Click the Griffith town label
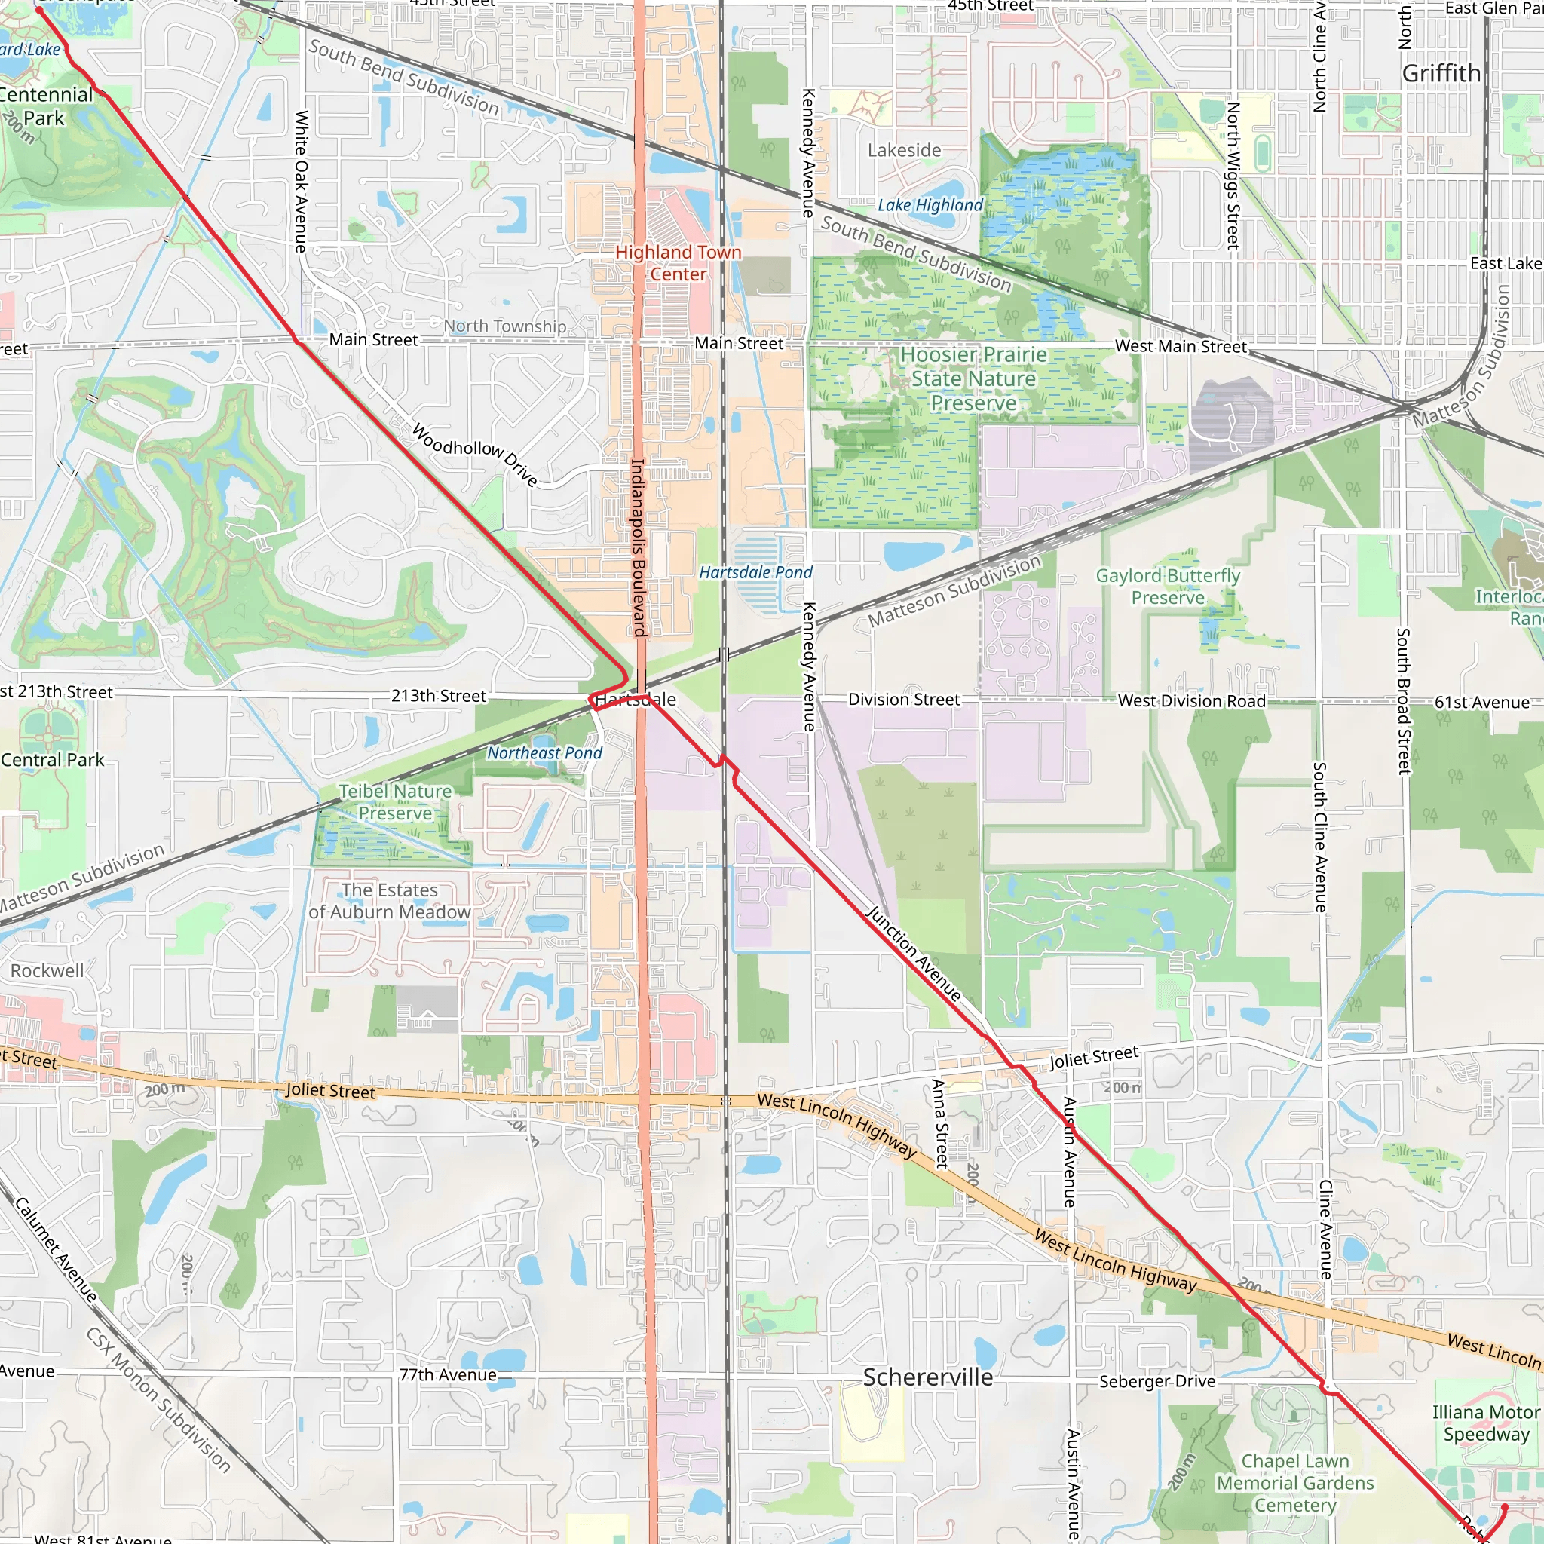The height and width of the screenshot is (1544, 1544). pyautogui.click(x=1441, y=74)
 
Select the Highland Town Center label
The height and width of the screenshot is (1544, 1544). pyautogui.click(x=678, y=263)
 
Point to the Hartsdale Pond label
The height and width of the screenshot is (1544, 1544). pyautogui.click(x=755, y=572)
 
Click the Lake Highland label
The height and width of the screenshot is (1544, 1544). pyautogui.click(x=930, y=205)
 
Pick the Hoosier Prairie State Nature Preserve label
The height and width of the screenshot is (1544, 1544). pyautogui.click(x=973, y=378)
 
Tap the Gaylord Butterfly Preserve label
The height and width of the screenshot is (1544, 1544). pyautogui.click(x=1168, y=587)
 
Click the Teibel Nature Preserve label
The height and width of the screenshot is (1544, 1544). pyautogui.click(x=395, y=801)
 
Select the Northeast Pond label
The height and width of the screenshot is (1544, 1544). pyautogui.click(x=544, y=753)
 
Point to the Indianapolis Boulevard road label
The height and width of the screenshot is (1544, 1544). pyautogui.click(x=638, y=547)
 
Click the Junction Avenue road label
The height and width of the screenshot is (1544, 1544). pyautogui.click(x=914, y=954)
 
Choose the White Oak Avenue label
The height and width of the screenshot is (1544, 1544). pyautogui.click(x=301, y=182)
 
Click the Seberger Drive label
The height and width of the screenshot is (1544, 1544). pyautogui.click(x=1156, y=1382)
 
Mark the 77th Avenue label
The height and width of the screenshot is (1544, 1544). pyautogui.click(x=448, y=1375)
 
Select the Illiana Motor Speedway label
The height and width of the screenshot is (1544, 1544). pyautogui.click(x=1485, y=1423)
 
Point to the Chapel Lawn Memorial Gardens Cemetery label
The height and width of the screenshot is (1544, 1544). pyautogui.click(x=1294, y=1483)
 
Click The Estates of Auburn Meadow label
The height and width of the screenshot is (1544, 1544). pyautogui.click(x=389, y=901)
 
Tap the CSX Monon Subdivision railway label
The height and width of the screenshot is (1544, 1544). pyautogui.click(x=158, y=1399)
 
